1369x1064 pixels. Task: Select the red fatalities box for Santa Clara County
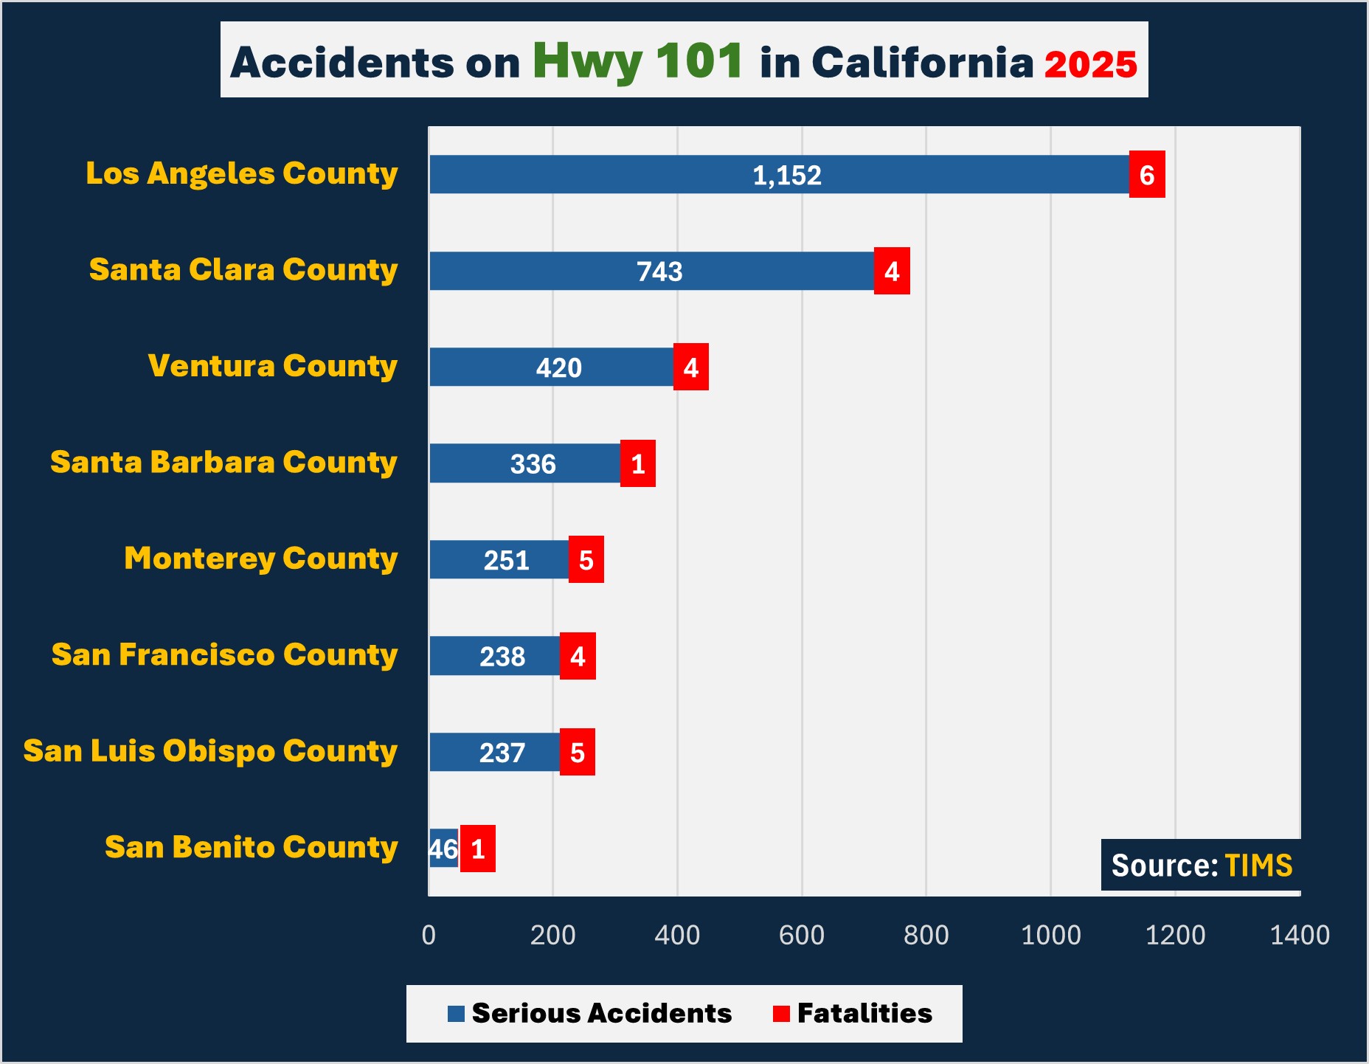tap(892, 271)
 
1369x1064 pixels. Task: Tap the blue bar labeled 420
tap(551, 367)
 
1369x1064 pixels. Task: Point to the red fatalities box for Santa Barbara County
tap(638, 463)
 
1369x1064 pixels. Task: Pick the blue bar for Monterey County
tap(499, 559)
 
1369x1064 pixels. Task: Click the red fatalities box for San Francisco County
tap(578, 656)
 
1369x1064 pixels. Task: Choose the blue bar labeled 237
tap(494, 752)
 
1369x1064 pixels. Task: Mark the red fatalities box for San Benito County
tap(478, 849)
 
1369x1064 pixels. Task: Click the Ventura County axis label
tap(273, 366)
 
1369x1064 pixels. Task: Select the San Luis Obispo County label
tap(210, 751)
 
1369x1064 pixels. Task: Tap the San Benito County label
tap(251, 847)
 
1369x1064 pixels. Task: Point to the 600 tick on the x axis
tap(802, 935)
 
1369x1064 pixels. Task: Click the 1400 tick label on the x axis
tap(1300, 935)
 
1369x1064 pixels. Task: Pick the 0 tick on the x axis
tap(429, 935)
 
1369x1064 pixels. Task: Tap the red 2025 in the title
tap(1090, 65)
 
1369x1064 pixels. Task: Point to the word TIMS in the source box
tap(1258, 866)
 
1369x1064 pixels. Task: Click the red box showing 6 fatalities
tap(1147, 175)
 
